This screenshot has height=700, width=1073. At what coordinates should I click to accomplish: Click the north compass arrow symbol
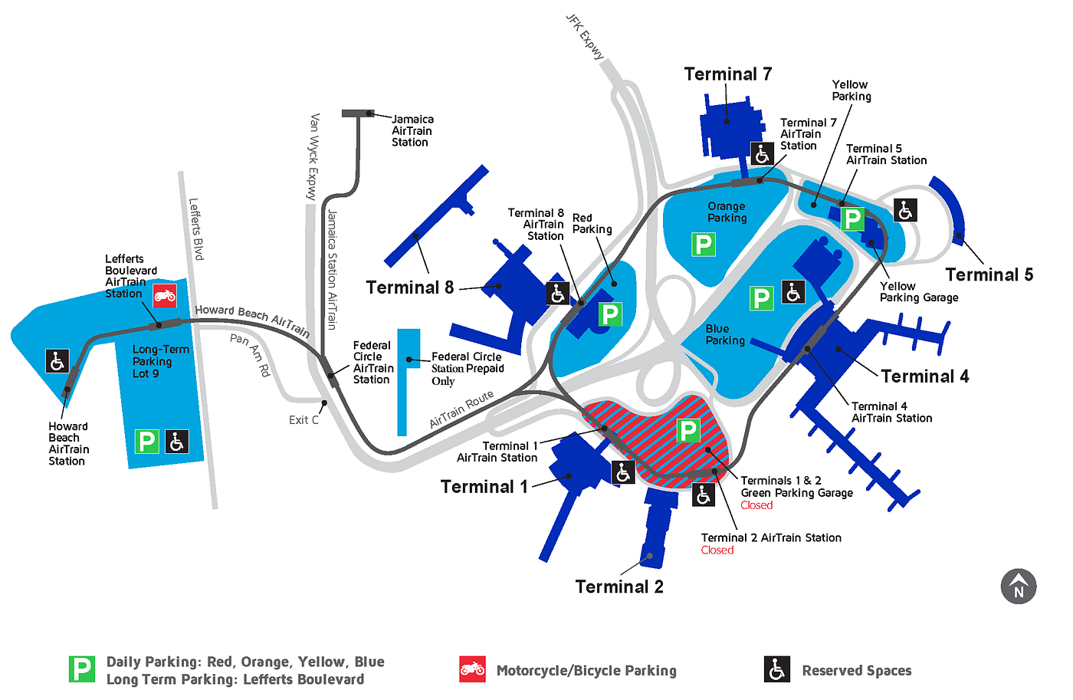(x=1019, y=587)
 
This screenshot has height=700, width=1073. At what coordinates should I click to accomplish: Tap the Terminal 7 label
(x=727, y=74)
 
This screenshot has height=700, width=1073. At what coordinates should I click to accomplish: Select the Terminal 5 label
(x=989, y=274)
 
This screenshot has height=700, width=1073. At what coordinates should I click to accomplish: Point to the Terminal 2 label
(x=619, y=587)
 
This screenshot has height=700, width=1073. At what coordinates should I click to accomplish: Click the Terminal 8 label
(x=409, y=288)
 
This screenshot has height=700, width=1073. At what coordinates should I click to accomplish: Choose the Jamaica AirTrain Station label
(x=412, y=131)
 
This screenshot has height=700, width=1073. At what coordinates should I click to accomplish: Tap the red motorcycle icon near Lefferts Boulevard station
(x=164, y=296)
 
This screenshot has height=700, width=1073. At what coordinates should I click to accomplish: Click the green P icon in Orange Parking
(x=704, y=245)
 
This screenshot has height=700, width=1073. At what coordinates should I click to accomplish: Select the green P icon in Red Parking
(x=610, y=314)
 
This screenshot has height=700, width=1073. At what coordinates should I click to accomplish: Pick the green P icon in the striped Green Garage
(x=688, y=431)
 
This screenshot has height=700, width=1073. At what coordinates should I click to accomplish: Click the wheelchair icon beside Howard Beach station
(x=57, y=361)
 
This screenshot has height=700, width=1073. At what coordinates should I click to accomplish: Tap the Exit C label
(x=304, y=420)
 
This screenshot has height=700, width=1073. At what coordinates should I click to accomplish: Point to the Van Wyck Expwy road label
(x=313, y=156)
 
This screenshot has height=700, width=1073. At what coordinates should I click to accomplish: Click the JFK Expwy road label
(x=585, y=37)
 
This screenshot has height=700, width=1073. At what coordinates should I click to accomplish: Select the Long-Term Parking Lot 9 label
(x=160, y=361)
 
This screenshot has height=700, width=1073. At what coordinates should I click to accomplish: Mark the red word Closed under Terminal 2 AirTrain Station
(x=717, y=550)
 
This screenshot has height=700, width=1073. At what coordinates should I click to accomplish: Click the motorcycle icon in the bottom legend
(x=472, y=669)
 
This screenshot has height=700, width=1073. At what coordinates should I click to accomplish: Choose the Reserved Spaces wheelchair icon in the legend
(x=777, y=669)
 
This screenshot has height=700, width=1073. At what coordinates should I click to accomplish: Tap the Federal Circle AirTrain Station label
(x=373, y=362)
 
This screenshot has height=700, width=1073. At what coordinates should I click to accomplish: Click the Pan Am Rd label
(x=251, y=354)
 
